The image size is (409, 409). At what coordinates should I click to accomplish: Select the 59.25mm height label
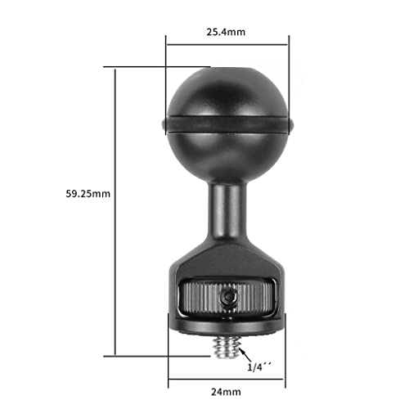[x=88, y=194]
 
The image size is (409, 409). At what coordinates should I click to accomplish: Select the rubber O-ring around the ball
[x=227, y=124]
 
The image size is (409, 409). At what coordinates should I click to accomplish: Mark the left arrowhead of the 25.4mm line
[x=169, y=46]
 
